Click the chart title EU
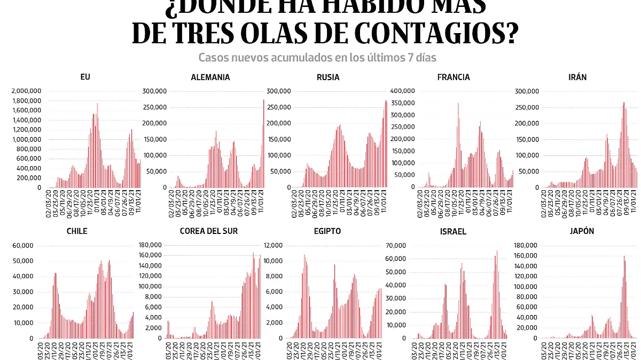click(85, 77)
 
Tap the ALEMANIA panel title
click(210, 77)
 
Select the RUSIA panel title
click(328, 77)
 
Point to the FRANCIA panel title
click(454, 77)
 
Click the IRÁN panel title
click(577, 77)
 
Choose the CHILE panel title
click(77, 231)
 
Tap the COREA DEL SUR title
click(209, 231)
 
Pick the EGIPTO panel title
click(328, 231)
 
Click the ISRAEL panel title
click(454, 231)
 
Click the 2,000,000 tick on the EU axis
click(26, 91)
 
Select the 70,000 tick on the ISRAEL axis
click(396, 246)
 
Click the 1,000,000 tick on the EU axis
click(26, 139)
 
